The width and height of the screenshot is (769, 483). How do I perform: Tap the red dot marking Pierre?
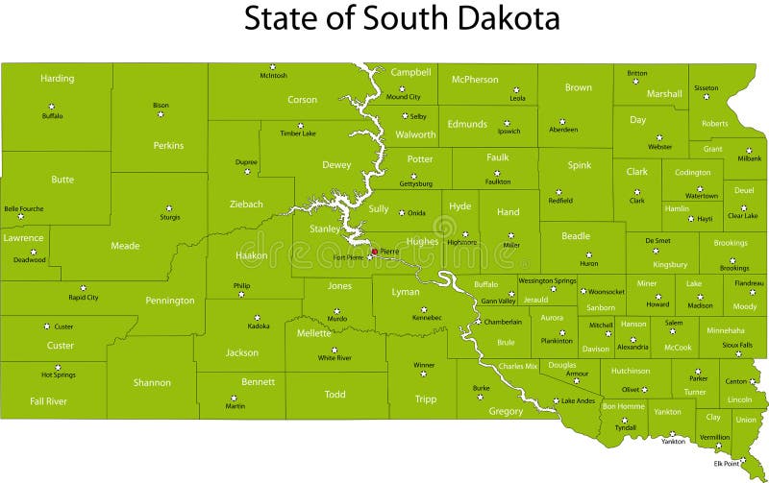click(375, 252)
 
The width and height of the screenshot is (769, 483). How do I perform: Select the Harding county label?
click(57, 78)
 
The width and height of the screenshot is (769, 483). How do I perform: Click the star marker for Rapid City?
click(83, 287)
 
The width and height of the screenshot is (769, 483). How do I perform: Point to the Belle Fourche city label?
click(24, 208)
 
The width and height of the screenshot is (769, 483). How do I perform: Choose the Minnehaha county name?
click(725, 329)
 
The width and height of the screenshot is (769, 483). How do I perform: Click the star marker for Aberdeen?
click(563, 120)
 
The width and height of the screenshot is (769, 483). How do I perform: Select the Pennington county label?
click(170, 301)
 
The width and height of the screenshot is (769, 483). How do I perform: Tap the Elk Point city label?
click(727, 464)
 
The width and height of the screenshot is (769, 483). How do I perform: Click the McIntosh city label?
click(273, 76)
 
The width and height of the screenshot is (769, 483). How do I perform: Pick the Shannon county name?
click(152, 382)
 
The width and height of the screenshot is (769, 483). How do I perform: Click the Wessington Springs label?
click(547, 280)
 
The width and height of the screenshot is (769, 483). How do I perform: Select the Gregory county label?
click(506, 411)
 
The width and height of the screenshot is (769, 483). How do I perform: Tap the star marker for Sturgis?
click(168, 206)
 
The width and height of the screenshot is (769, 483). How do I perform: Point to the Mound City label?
click(403, 97)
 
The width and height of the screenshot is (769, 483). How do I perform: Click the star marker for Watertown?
click(701, 186)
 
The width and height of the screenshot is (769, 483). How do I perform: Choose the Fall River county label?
click(47, 400)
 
